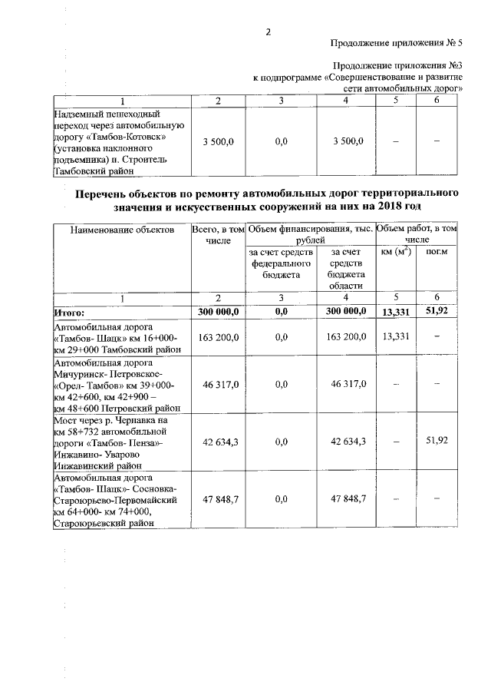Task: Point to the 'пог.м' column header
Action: pos(436,252)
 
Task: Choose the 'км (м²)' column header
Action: pos(396,252)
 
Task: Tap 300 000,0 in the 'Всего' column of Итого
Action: pos(219,311)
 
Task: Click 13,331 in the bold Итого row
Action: pos(396,311)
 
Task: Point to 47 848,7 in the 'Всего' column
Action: pos(219,499)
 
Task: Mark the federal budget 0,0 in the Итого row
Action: pos(280,311)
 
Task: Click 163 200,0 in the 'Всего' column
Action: pos(219,336)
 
